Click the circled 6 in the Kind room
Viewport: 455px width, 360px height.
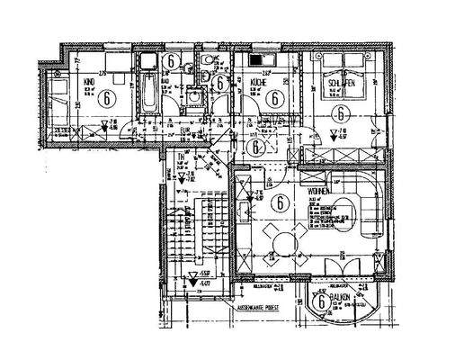click(109, 97)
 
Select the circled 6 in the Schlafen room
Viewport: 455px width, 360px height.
click(340, 113)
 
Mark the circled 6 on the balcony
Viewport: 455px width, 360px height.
click(321, 303)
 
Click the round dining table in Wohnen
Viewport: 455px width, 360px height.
click(284, 239)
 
